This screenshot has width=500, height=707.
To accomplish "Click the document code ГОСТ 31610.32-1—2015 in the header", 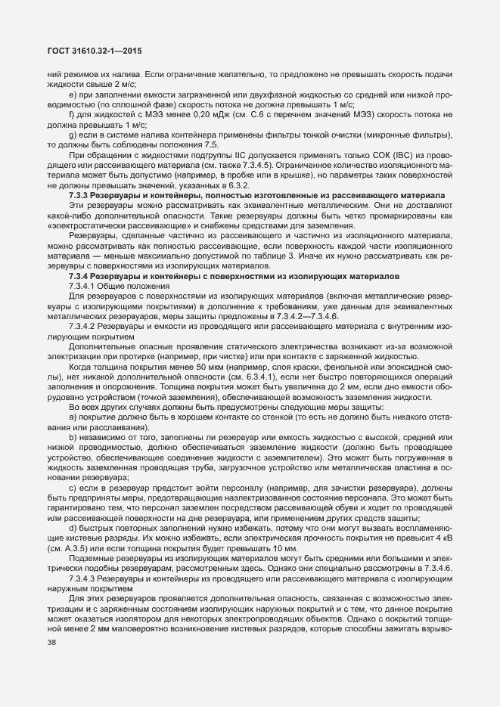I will [95, 51].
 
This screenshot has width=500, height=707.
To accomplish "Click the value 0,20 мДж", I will [190, 113].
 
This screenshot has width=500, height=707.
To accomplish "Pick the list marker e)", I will [72, 95].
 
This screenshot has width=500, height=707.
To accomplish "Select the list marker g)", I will [72, 132].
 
